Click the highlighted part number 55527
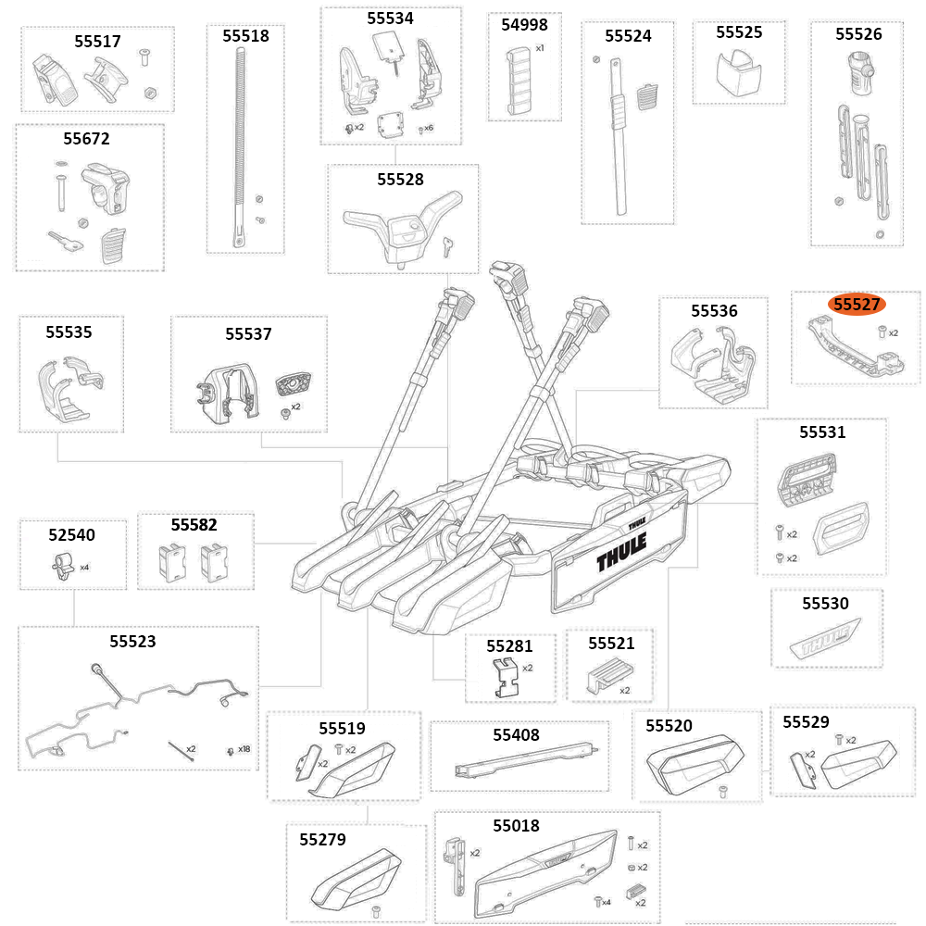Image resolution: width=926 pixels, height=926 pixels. tap(857, 304)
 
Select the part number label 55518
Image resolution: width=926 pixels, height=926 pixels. tap(245, 36)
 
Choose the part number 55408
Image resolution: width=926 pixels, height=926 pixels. tap(516, 735)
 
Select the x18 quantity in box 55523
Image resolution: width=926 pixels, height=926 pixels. tap(244, 749)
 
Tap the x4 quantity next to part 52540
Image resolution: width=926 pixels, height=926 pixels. tap(84, 567)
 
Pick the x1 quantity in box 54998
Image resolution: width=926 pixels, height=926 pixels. tap(540, 47)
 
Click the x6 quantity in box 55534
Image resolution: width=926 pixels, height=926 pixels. tap(428, 128)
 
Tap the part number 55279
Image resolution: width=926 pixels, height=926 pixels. tap(322, 840)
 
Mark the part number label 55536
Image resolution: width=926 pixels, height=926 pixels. tap(714, 311)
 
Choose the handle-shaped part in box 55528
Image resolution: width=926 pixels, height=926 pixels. tap(403, 225)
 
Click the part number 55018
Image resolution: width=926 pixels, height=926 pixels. tap(516, 825)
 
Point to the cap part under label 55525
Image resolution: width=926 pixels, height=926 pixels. tap(738, 73)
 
